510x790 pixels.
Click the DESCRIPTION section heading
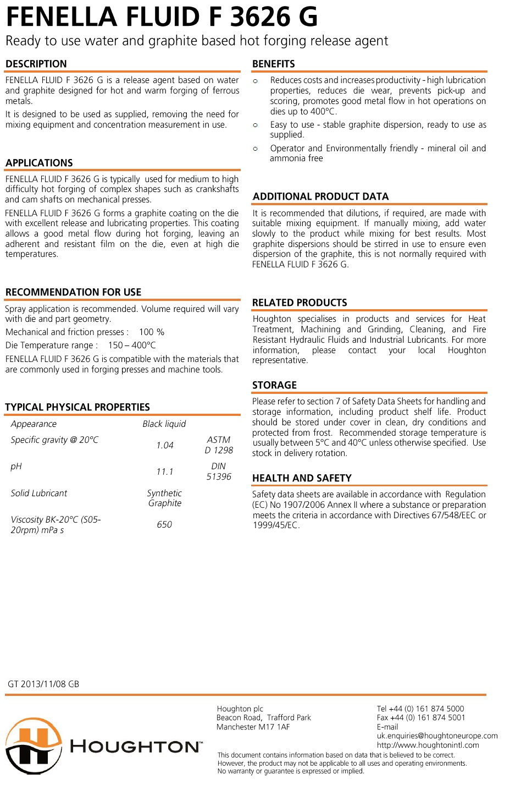click(x=36, y=64)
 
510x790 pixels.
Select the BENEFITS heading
click(x=274, y=64)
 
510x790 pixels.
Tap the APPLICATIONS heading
click(x=39, y=163)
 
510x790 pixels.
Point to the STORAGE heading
click(x=274, y=385)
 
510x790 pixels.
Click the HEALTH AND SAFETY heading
click(x=302, y=478)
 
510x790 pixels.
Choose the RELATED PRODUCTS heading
click(x=300, y=303)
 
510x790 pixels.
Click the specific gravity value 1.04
click(x=165, y=445)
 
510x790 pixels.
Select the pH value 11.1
click(x=165, y=471)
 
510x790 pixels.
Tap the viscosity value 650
click(x=164, y=524)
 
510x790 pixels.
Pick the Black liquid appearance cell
click(x=164, y=424)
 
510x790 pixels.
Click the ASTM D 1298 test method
click(x=219, y=445)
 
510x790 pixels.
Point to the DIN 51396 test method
click(x=219, y=471)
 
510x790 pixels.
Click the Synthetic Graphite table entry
click(x=164, y=498)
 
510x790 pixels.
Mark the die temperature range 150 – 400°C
click(x=132, y=345)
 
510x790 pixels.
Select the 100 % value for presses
click(x=152, y=332)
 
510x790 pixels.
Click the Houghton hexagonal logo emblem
click(x=34, y=745)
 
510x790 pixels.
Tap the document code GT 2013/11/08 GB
click(x=43, y=684)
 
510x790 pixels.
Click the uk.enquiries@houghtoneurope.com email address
click(x=437, y=736)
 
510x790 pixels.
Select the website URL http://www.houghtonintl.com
click(x=428, y=745)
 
